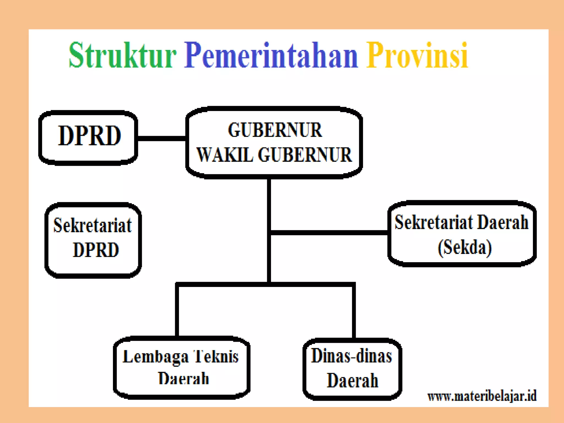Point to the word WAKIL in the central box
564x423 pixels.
(224, 155)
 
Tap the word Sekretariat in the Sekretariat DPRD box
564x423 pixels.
(93, 225)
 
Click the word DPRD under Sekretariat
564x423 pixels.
(96, 250)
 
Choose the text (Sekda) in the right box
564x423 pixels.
(465, 247)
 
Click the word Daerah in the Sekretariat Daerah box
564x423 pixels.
(503, 223)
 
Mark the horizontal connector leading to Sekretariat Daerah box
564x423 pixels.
(329, 233)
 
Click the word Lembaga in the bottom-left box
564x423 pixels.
(156, 357)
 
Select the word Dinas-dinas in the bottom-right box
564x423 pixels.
(351, 356)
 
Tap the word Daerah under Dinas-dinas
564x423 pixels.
(352, 381)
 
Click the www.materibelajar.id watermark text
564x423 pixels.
(482, 397)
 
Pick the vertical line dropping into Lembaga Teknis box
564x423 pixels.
(177, 311)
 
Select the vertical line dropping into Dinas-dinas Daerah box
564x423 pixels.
(354, 311)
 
